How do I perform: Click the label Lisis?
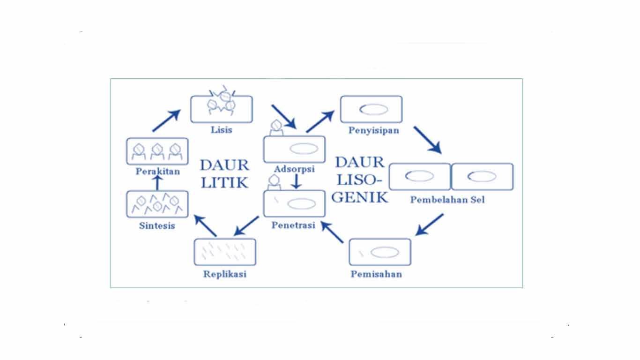tap(221, 130)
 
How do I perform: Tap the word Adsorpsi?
tap(295, 169)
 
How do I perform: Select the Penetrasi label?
tap(294, 225)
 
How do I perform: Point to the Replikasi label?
tap(225, 274)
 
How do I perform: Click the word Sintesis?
tap(157, 225)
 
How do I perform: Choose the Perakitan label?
tap(157, 172)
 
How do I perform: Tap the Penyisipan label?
tap(373, 130)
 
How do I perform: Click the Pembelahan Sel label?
tap(447, 200)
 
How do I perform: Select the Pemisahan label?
tap(376, 274)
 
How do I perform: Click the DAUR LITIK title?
tap(224, 173)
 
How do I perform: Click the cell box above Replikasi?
tap(225, 252)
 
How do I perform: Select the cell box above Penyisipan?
tap(371, 109)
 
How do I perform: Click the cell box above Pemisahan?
tap(380, 252)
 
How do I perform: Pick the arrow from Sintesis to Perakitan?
tap(157, 183)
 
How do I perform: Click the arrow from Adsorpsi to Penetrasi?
tap(295, 181)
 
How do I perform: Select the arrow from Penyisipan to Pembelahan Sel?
tap(427, 139)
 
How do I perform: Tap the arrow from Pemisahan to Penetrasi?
tap(332, 232)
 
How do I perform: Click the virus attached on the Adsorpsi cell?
tap(276, 127)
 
